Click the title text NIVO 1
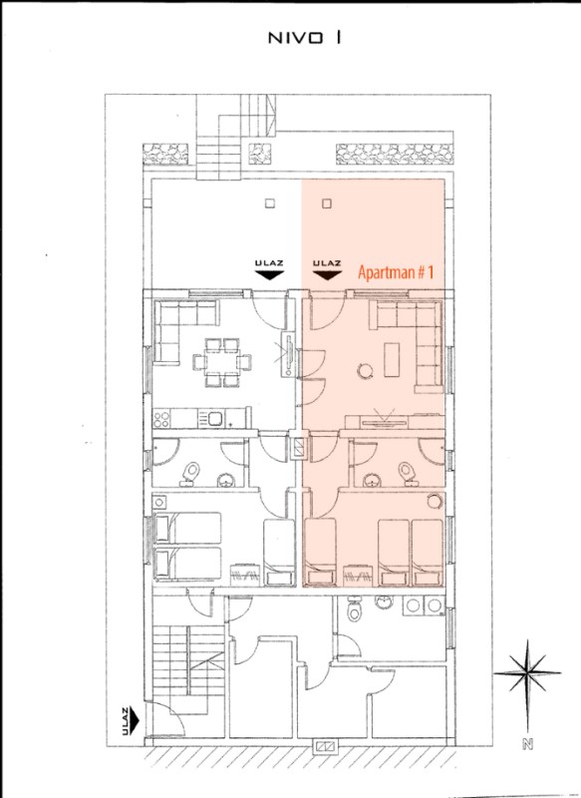[x=304, y=38]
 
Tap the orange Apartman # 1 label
[x=396, y=272]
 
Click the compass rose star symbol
[x=527, y=672]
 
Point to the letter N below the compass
[x=527, y=744]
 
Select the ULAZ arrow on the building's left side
[x=135, y=719]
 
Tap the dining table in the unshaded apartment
[x=222, y=362]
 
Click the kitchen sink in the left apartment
[x=214, y=419]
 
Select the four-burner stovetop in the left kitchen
[x=161, y=420]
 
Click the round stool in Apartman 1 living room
[x=365, y=370]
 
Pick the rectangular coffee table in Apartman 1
[x=392, y=359]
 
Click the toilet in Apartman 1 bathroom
[x=408, y=472]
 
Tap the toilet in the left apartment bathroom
[x=190, y=473]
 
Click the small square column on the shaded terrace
[x=327, y=203]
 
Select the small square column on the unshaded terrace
[x=270, y=203]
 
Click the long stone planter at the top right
[x=395, y=155]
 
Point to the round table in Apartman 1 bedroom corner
[x=435, y=502]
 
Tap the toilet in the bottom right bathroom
[x=354, y=610]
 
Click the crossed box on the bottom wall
[x=324, y=746]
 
